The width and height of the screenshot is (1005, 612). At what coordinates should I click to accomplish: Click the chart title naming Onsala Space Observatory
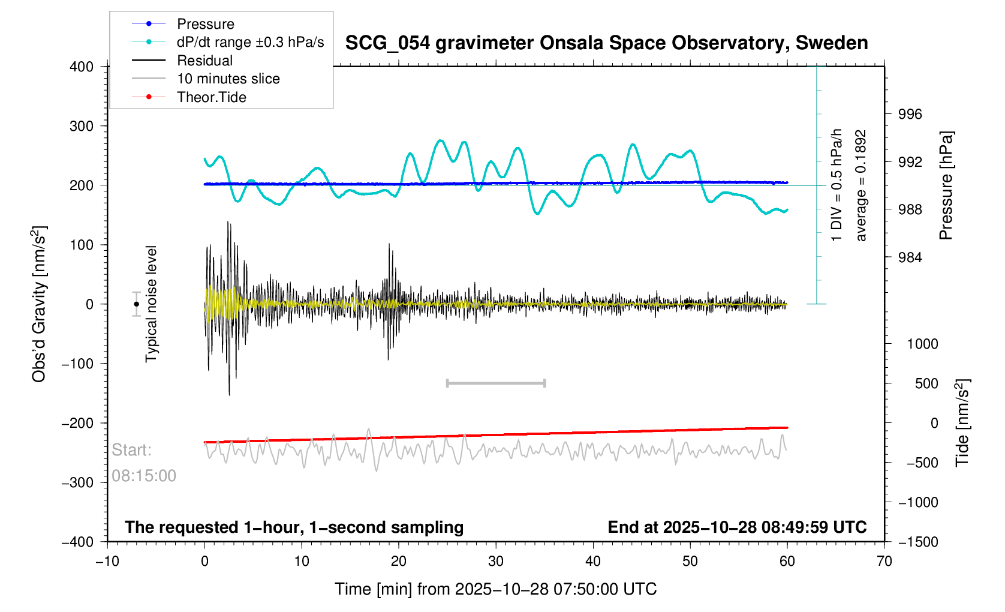[x=606, y=43]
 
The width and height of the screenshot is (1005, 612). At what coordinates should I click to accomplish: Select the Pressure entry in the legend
[x=206, y=24]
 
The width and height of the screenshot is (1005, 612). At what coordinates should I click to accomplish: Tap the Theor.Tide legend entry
[x=211, y=97]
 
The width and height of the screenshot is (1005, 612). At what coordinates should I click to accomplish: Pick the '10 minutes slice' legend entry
[x=228, y=79]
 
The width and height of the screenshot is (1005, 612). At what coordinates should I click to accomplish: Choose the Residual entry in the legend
[x=204, y=61]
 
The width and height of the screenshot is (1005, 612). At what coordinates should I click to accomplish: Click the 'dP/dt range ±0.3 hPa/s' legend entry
[x=250, y=42]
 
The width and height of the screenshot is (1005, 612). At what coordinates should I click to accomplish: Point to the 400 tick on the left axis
[x=82, y=67]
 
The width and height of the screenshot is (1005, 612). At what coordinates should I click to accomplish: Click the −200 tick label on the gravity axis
[x=78, y=423]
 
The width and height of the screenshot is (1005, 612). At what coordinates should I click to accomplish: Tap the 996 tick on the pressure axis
[x=910, y=115]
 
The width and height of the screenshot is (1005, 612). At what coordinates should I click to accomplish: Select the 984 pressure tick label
[x=910, y=258]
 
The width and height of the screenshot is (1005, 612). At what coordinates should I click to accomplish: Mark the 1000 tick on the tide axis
[x=922, y=344]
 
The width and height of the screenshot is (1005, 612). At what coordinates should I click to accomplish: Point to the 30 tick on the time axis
[x=496, y=562]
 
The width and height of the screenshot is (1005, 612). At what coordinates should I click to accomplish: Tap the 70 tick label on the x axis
[x=884, y=562]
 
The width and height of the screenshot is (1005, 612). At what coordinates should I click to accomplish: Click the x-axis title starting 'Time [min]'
[x=495, y=589]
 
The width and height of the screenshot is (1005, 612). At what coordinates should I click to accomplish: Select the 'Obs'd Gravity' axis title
[x=39, y=304]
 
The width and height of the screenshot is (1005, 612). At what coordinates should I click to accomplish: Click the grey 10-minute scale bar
[x=496, y=383]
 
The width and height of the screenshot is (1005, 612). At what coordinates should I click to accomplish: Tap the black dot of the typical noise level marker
[x=136, y=304]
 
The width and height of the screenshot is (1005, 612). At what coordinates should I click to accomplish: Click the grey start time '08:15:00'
[x=144, y=476]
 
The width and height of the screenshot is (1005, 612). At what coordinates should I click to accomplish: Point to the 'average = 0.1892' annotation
[x=861, y=185]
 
